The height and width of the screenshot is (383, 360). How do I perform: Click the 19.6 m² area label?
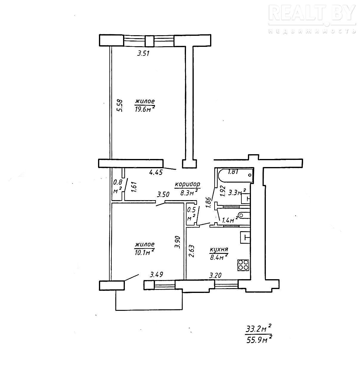tap(145, 109)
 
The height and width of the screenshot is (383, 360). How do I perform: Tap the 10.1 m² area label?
tap(145, 252)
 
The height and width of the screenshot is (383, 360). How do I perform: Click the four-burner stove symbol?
tap(243, 265)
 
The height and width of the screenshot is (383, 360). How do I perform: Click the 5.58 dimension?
tap(120, 106)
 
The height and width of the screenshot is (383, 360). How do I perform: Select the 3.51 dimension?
tap(143, 53)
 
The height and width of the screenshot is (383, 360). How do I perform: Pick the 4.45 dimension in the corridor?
tap(156, 172)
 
